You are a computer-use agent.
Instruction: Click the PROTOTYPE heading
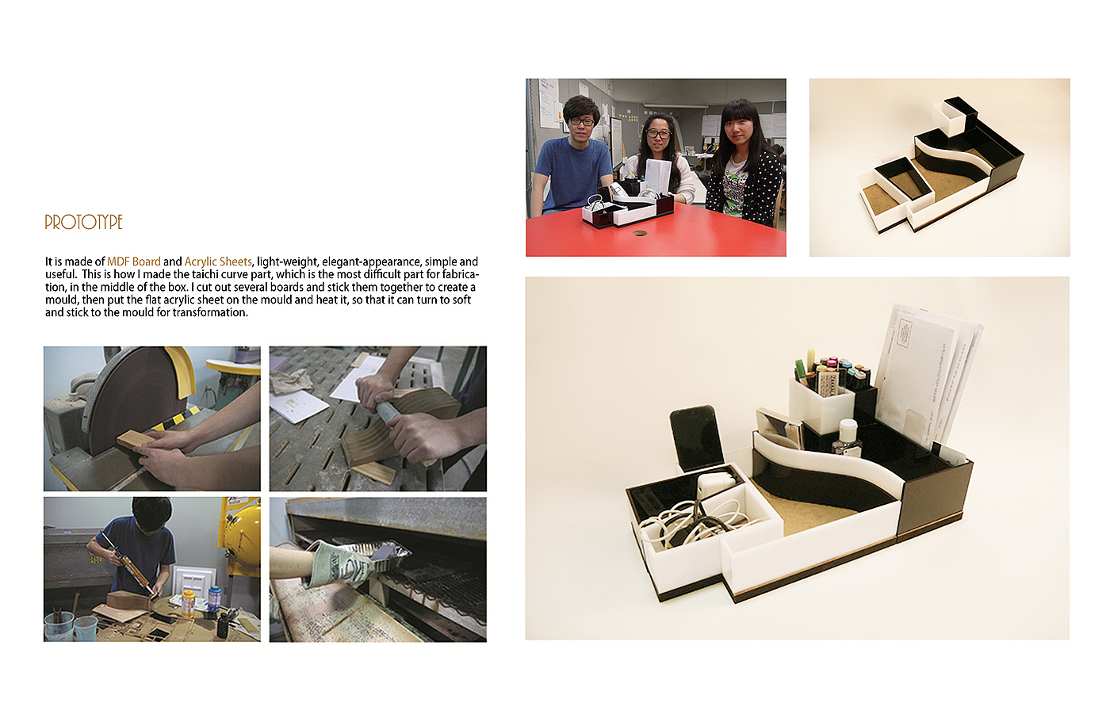83,222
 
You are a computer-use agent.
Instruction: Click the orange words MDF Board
134,262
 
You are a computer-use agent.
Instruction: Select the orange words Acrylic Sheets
218,262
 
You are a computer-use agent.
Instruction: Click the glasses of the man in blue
581,122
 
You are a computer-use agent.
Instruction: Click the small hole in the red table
639,233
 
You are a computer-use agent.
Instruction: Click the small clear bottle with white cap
847,438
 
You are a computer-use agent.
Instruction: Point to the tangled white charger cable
694,522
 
